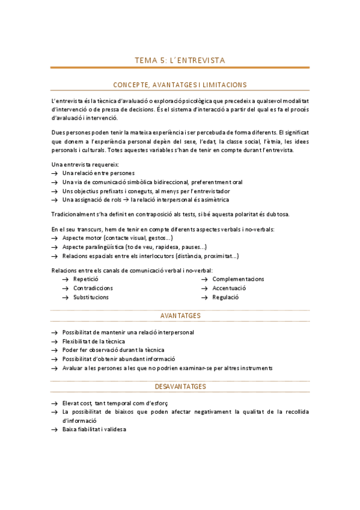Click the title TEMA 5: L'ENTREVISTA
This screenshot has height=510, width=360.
point(180,60)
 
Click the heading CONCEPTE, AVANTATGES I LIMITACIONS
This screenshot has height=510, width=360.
point(180,85)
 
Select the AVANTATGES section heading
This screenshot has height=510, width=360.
point(180,316)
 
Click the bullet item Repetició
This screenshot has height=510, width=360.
point(85,279)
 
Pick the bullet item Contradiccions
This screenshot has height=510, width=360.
point(93,288)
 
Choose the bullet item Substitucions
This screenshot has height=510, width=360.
point(91,297)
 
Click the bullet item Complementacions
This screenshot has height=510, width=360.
point(238,279)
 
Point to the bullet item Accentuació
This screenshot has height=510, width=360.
point(229,288)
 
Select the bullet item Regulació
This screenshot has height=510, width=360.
point(225,297)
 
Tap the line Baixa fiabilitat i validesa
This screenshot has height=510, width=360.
point(94,429)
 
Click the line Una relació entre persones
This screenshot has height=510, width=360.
point(94,173)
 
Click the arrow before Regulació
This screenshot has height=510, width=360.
point(204,297)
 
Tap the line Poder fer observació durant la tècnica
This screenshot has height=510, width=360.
point(113,350)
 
